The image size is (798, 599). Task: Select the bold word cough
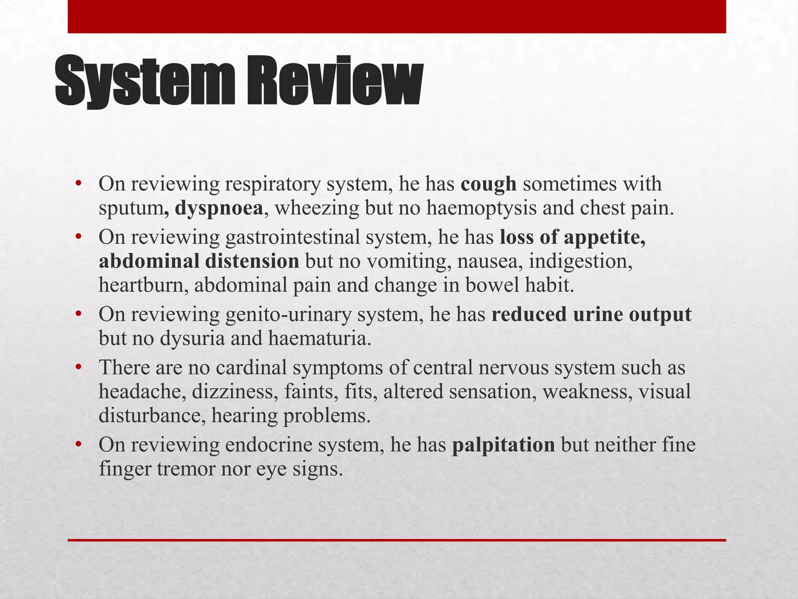[489, 184]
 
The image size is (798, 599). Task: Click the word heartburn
[143, 285]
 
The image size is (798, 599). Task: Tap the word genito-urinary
[288, 314]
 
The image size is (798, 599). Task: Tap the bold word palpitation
[503, 445]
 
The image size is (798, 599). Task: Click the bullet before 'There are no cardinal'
[78, 367]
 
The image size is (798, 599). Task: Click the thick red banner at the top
[397, 16]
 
